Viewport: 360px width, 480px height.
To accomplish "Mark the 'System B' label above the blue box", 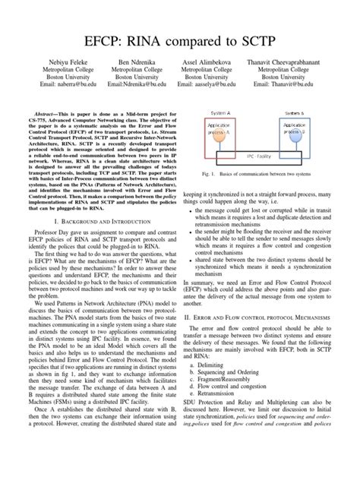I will tap(295, 111).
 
